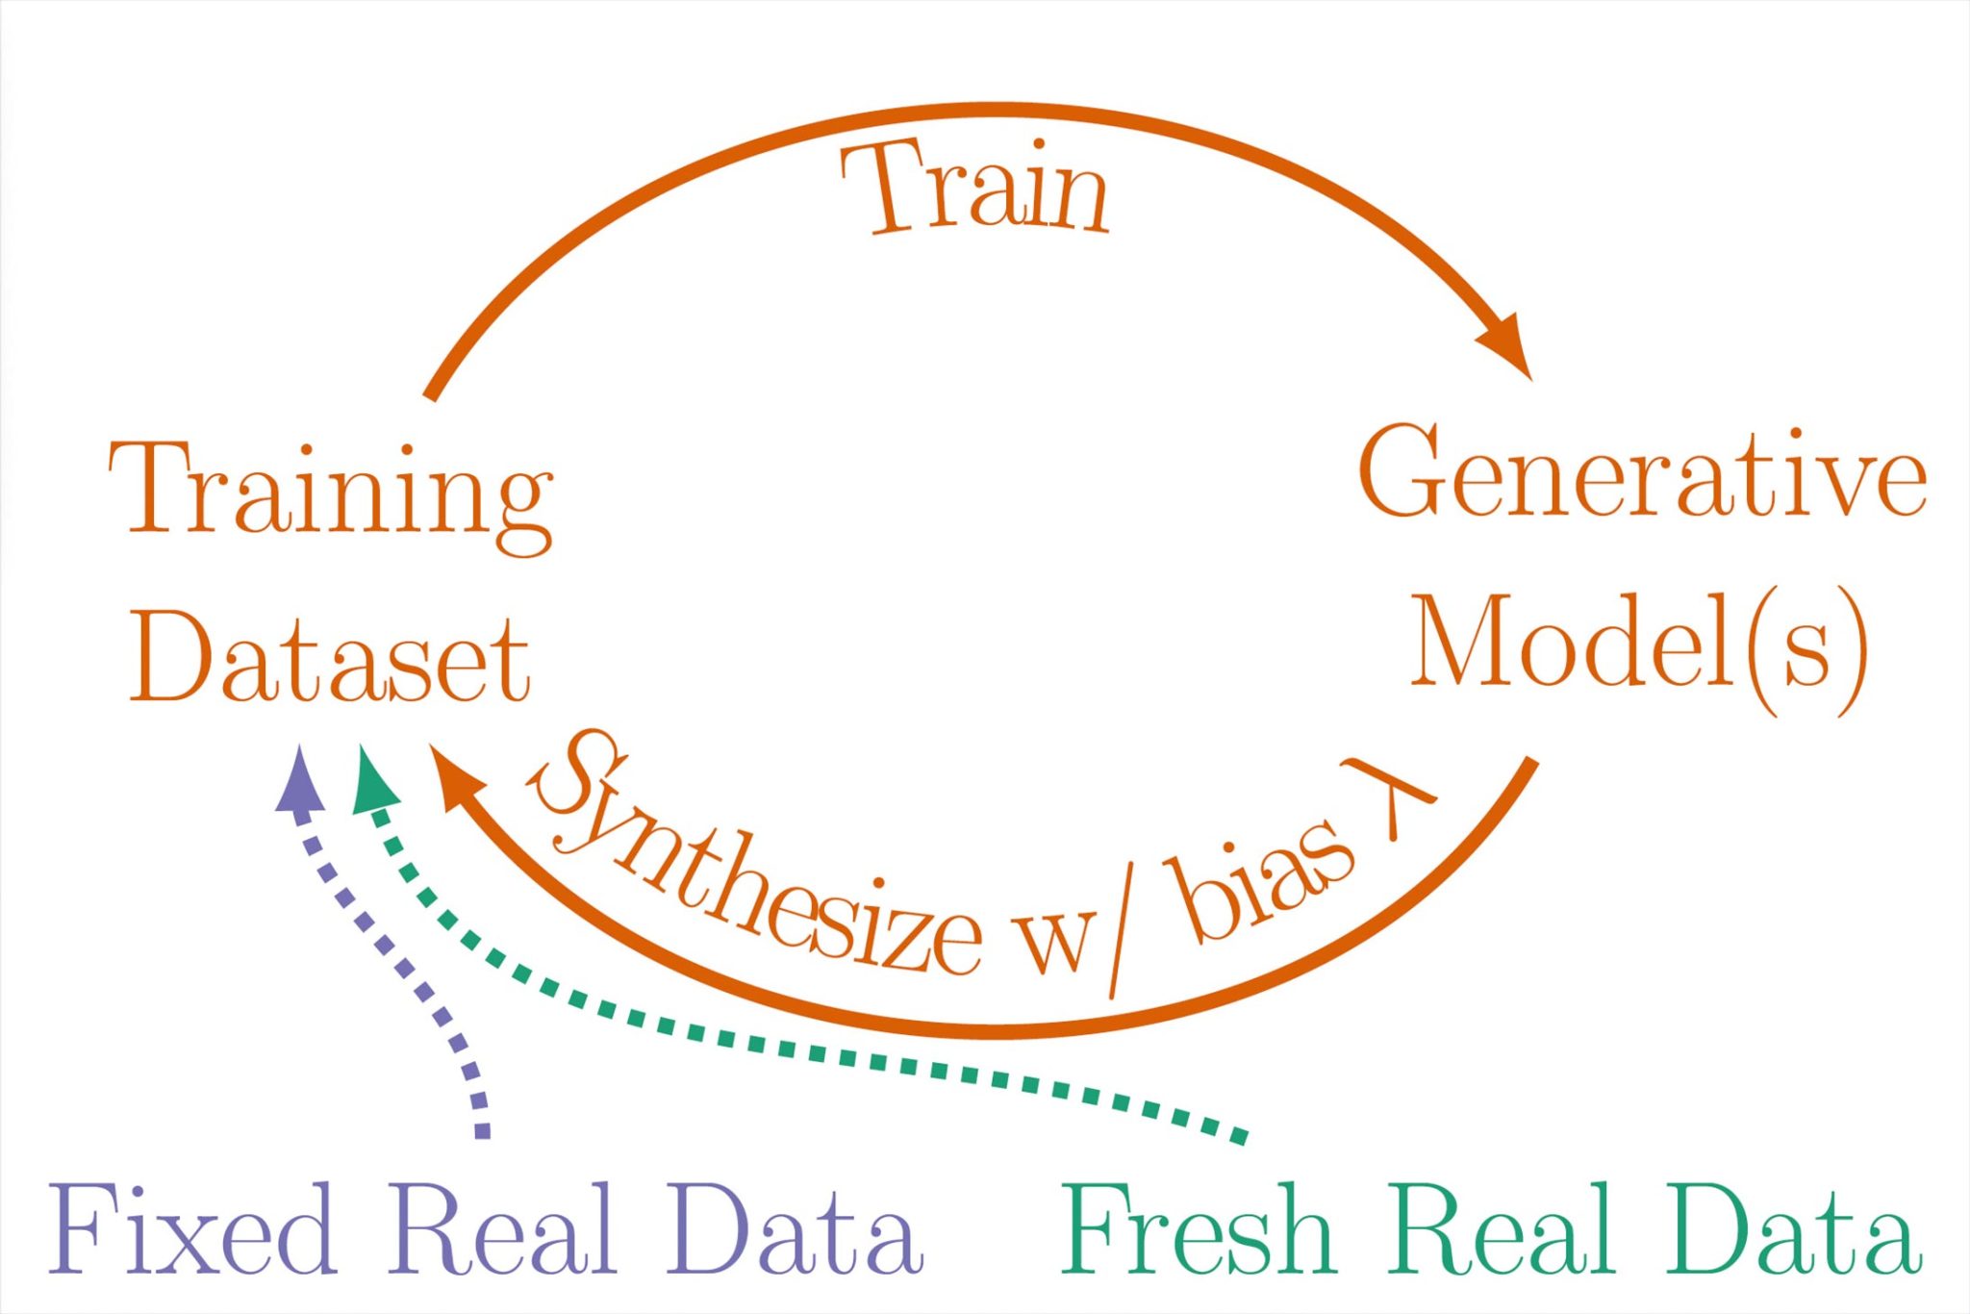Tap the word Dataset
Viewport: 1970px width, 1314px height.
(x=329, y=660)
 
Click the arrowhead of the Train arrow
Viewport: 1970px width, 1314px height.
(x=1506, y=345)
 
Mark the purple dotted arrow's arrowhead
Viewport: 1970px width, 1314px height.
(x=301, y=779)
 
